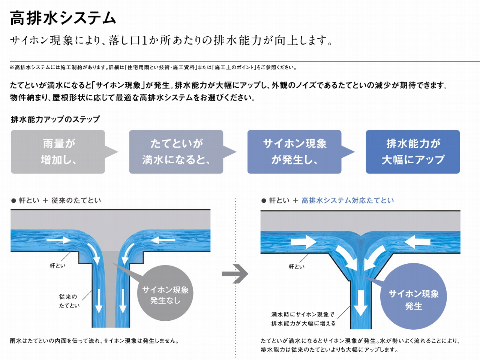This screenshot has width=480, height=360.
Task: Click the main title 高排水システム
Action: click(x=63, y=18)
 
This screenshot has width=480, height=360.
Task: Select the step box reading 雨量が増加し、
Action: click(x=58, y=152)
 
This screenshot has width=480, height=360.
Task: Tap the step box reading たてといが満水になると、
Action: click(x=176, y=152)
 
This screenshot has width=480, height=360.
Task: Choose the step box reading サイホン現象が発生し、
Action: click(x=294, y=152)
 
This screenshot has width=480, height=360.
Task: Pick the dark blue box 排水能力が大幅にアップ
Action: click(x=412, y=152)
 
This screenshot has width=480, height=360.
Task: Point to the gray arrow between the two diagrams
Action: click(x=235, y=274)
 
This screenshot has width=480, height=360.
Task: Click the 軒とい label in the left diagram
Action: click(x=57, y=266)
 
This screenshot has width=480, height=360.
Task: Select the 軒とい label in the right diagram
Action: click(x=296, y=266)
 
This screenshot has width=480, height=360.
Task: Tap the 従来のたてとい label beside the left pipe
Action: click(x=69, y=301)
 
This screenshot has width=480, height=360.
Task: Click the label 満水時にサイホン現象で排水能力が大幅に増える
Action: click(x=303, y=319)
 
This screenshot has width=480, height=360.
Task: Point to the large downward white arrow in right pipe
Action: click(x=360, y=303)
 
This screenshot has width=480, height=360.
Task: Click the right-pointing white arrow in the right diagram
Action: click(x=303, y=242)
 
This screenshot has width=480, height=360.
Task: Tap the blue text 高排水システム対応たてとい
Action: click(x=348, y=200)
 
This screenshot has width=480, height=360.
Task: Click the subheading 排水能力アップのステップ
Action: click(x=55, y=119)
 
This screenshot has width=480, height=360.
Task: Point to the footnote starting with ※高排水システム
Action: click(x=153, y=67)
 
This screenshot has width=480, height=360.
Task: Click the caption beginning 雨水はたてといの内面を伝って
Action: click(x=94, y=341)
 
